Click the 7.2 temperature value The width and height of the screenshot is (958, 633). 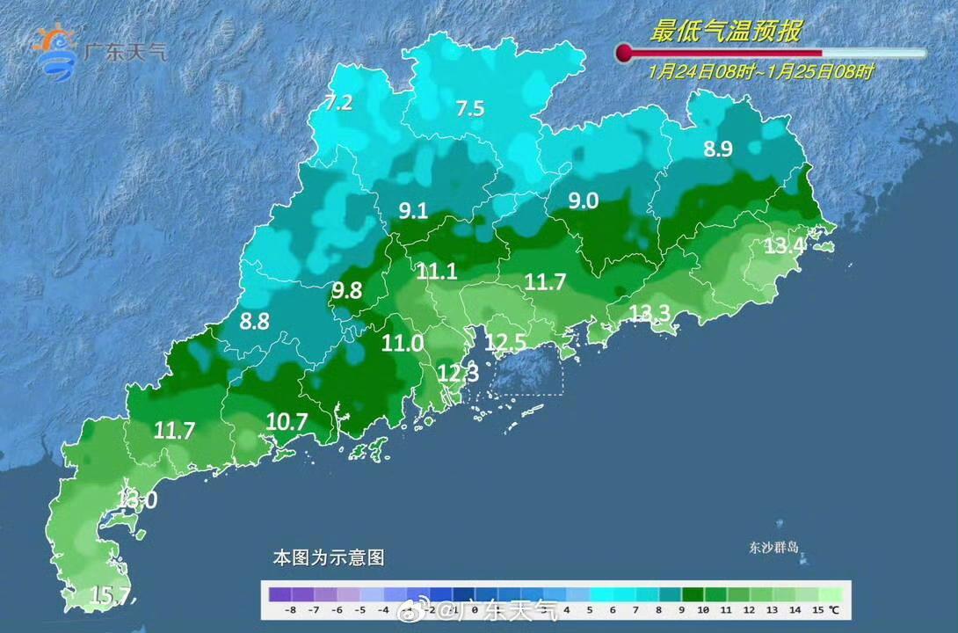[338, 103]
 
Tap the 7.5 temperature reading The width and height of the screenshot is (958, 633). [469, 109]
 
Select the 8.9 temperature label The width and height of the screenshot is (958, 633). [717, 149]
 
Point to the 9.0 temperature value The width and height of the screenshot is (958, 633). [583, 201]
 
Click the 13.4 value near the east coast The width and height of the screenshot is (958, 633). [784, 246]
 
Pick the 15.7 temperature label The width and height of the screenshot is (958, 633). [109, 597]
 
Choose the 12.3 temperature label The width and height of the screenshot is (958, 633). [457, 374]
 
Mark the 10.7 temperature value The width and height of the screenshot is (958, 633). [287, 422]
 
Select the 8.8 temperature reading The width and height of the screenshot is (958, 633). [254, 322]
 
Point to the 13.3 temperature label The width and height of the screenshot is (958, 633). [650, 313]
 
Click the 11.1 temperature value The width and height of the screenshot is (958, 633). [437, 273]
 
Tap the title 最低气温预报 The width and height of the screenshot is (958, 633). [725, 32]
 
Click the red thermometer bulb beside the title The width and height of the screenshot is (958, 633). [624, 54]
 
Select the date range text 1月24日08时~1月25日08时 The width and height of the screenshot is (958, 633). [761, 72]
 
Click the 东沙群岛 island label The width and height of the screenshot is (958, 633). [768, 547]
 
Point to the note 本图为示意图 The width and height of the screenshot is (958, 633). [328, 557]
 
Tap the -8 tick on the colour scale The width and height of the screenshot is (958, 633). [291, 609]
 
